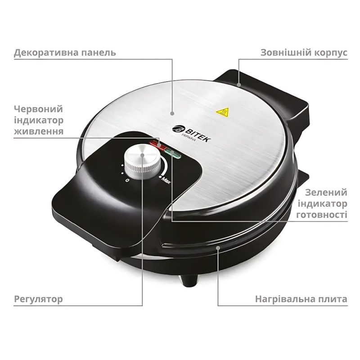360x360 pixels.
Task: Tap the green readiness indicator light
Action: click(x=173, y=156)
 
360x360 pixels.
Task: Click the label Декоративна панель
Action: click(x=65, y=53)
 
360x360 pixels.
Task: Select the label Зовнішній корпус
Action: click(x=304, y=53)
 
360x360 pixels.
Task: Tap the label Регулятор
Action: click(x=38, y=299)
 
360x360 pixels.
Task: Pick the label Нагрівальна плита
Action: click(x=301, y=299)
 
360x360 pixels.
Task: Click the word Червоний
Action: click(x=38, y=109)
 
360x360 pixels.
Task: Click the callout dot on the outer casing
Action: click(x=239, y=84)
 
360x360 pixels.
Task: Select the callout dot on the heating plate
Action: click(x=218, y=247)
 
